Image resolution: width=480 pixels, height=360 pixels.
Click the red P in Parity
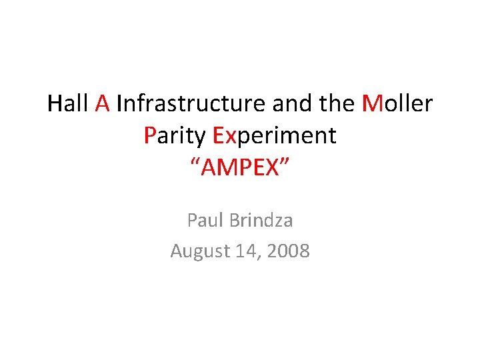coord(149,135)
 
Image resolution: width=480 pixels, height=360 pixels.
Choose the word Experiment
coord(274,136)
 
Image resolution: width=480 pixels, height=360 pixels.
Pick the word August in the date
coord(198,251)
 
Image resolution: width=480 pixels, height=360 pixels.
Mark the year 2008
coord(287,251)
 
